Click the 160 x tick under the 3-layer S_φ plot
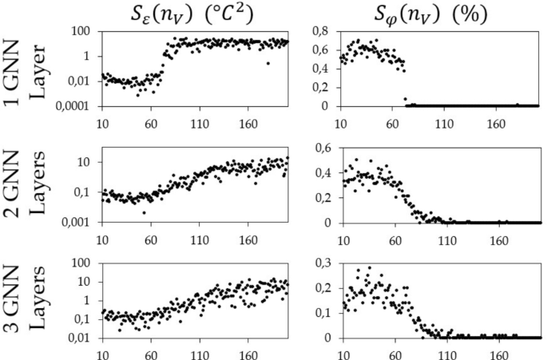[x=500, y=355]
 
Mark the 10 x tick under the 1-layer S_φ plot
[x=343, y=125]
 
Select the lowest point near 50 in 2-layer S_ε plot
[x=144, y=212]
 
